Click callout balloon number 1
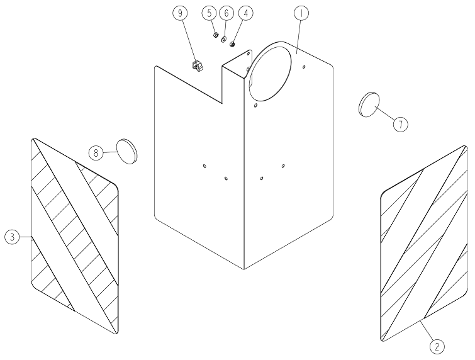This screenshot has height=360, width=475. tap(301, 13)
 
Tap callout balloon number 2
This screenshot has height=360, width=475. tap(437, 346)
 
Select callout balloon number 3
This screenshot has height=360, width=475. tap(12, 237)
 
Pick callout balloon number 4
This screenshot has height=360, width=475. tap(246, 13)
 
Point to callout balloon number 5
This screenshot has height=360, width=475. tap(210, 13)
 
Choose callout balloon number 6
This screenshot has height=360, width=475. tap(226, 13)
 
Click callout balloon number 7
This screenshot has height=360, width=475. tap(401, 124)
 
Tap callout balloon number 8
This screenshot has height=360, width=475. tap(96, 153)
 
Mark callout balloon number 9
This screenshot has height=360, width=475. tap(180, 13)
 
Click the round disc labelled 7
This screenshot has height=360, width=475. tap(369, 104)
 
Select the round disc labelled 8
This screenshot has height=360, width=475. tap(127, 152)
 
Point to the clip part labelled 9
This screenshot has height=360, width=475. tap(197, 66)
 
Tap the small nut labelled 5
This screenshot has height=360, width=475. tap(216, 35)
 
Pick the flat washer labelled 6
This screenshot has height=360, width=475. tap(224, 40)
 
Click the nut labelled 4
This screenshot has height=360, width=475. tap(232, 44)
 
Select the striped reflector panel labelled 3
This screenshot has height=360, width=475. tap(75, 236)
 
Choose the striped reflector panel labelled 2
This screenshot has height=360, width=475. tap(424, 244)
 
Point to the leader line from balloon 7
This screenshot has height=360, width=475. tap(385, 115)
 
